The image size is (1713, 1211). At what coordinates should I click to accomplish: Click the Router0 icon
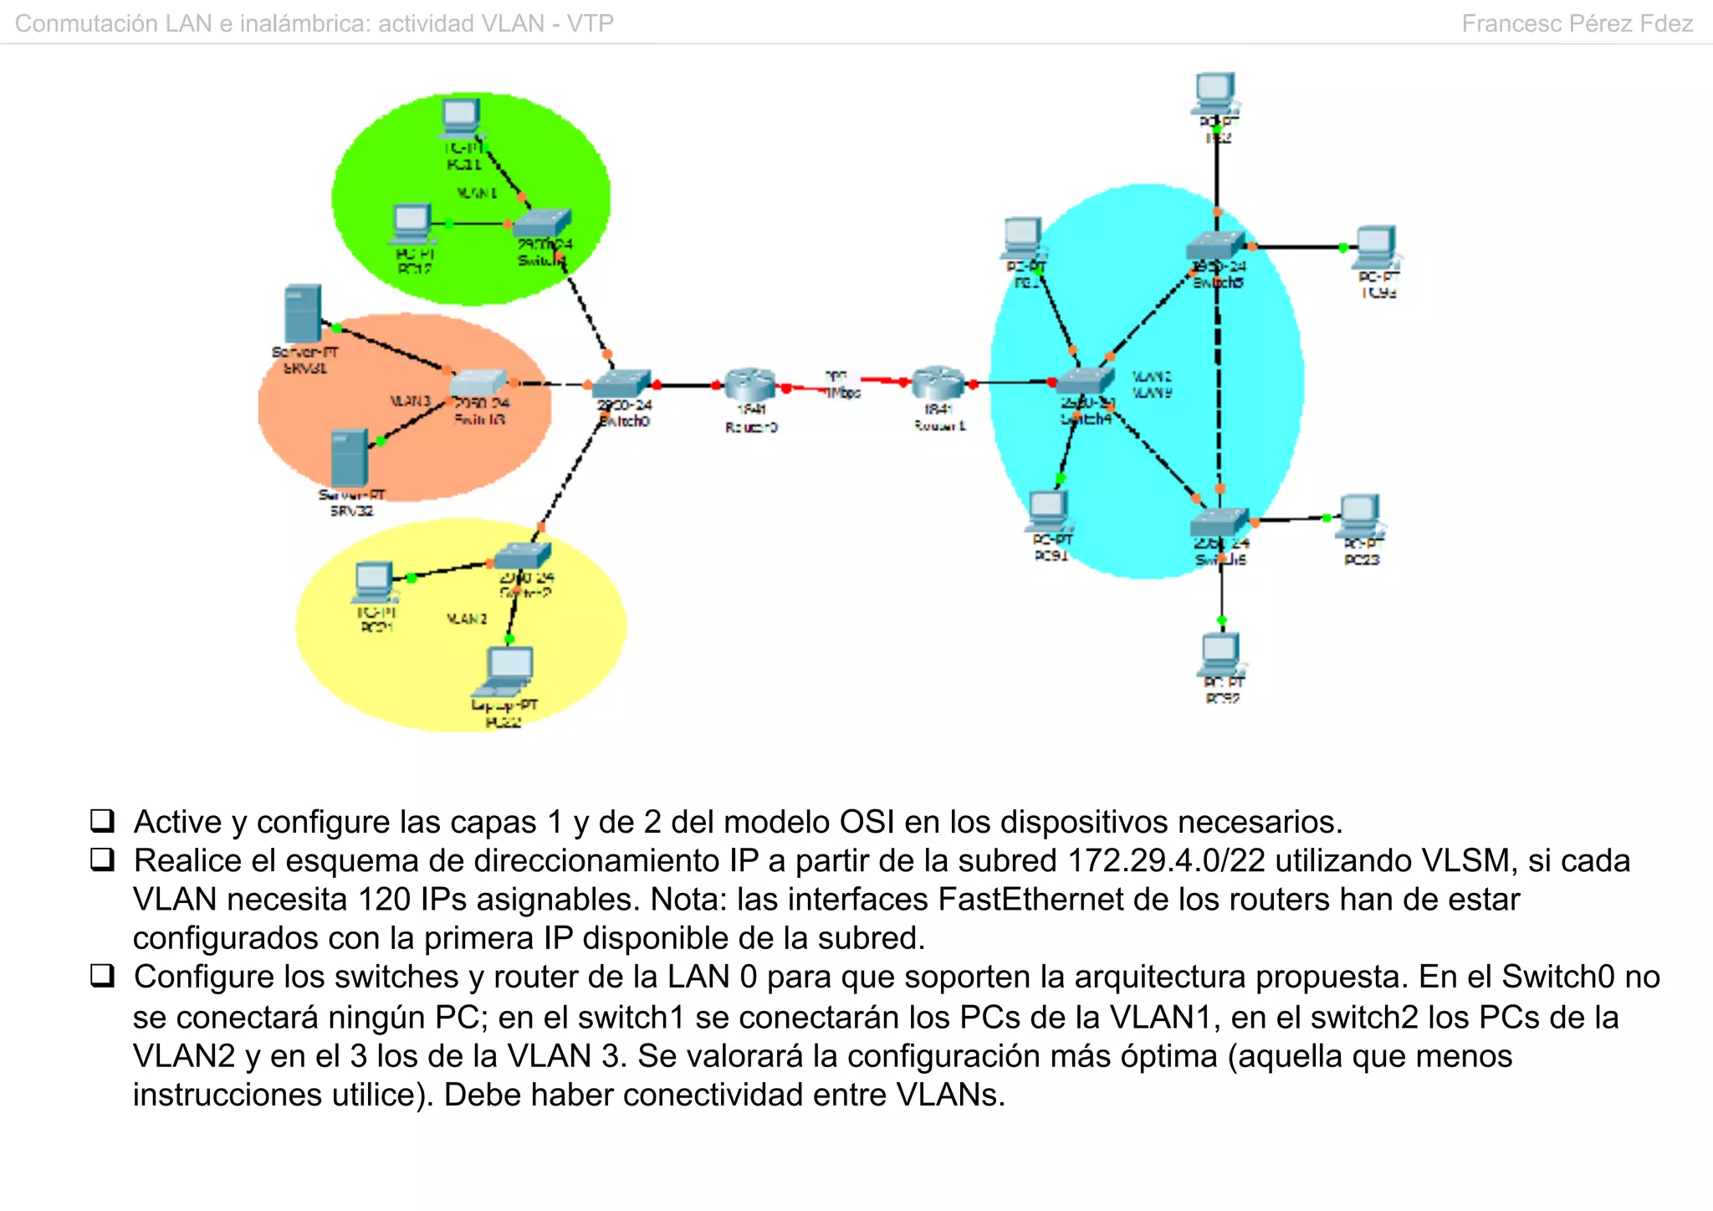pyautogui.click(x=749, y=384)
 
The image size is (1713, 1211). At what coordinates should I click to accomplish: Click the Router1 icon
pyautogui.click(x=938, y=382)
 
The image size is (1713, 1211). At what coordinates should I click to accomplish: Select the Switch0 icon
pyautogui.click(x=621, y=384)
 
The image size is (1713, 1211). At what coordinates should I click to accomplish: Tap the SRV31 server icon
pyautogui.click(x=302, y=313)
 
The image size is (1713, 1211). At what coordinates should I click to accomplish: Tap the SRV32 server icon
pyautogui.click(x=349, y=458)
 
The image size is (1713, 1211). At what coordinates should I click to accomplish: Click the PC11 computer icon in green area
pyautogui.click(x=460, y=118)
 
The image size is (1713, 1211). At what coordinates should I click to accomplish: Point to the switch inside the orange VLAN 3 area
pyautogui.click(x=478, y=382)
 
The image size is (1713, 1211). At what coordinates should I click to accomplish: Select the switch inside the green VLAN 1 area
pyautogui.click(x=541, y=223)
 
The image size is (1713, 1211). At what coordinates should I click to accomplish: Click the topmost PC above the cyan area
pyautogui.click(x=1215, y=92)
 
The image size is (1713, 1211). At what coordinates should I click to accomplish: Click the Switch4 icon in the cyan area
pyautogui.click(x=1084, y=381)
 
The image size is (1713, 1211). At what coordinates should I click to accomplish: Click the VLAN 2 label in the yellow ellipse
pyautogui.click(x=466, y=619)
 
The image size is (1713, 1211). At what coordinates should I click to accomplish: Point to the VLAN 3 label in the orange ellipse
pyautogui.click(x=410, y=402)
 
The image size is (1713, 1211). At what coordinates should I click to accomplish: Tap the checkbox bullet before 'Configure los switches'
pyautogui.click(x=102, y=976)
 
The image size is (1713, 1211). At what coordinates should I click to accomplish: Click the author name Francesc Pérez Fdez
pyautogui.click(x=1577, y=23)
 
